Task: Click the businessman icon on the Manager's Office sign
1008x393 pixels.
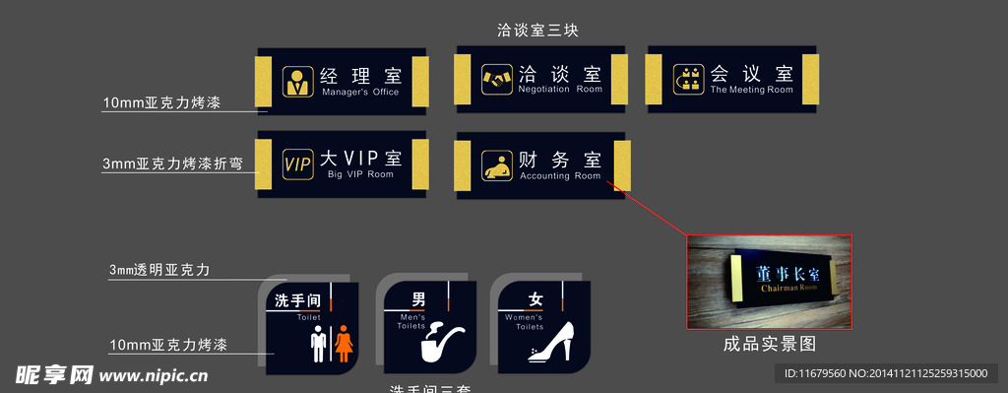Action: [296, 81]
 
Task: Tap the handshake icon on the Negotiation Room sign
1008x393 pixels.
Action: [496, 79]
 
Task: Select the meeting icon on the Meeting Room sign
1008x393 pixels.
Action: [688, 79]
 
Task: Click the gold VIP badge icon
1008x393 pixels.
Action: [296, 164]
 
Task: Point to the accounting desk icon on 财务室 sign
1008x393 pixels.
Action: [496, 164]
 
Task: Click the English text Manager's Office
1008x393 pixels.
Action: [359, 93]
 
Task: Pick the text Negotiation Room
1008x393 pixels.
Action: [559, 90]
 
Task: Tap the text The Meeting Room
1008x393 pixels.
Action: [751, 90]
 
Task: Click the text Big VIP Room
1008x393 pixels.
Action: [360, 174]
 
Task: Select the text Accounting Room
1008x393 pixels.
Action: [559, 176]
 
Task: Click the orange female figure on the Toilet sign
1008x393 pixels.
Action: [344, 345]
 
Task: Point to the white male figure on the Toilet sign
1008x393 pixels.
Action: [318, 346]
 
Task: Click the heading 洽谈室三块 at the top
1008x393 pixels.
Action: [536, 31]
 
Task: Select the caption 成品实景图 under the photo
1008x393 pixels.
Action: [769, 345]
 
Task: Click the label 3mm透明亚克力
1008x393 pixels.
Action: [159, 269]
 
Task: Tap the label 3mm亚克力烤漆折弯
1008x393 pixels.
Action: [171, 164]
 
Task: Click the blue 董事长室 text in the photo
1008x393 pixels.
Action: [782, 273]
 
